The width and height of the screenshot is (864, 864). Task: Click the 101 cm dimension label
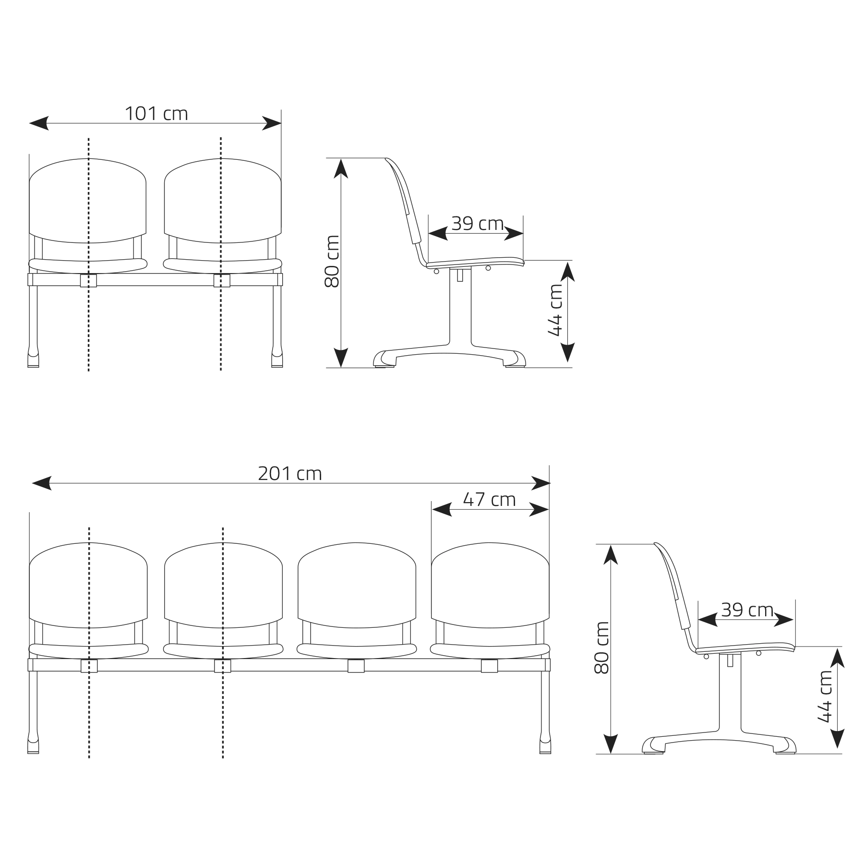(x=156, y=114)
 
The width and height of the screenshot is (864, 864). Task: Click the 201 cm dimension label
(x=289, y=474)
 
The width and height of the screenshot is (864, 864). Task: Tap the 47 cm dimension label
(x=489, y=500)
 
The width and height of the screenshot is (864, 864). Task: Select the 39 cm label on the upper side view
(x=477, y=223)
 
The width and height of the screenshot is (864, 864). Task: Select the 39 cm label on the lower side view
(x=747, y=610)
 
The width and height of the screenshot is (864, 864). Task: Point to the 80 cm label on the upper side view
(x=332, y=261)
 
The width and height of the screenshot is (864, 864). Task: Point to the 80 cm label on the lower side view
(x=601, y=648)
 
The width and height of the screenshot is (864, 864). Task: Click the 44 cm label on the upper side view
(x=554, y=310)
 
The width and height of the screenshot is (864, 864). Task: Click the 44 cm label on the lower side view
(x=824, y=696)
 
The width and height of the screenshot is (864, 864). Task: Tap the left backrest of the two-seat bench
(x=88, y=201)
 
